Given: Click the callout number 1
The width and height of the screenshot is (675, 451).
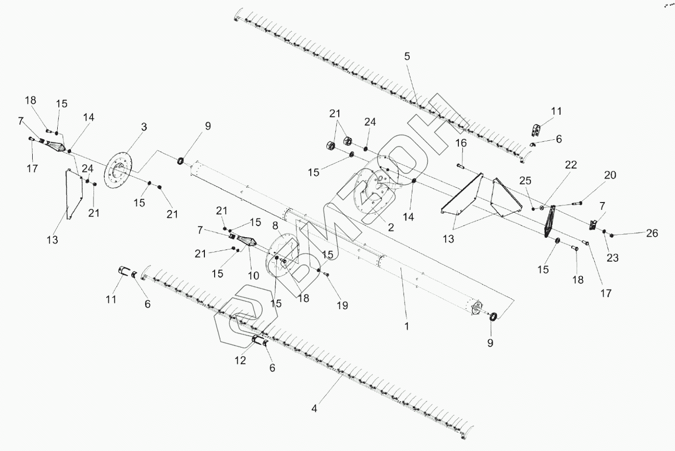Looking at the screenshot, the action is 407,325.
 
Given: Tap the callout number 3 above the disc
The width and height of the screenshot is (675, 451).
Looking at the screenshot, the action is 144,127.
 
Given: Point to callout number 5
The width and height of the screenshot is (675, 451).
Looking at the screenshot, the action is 407,57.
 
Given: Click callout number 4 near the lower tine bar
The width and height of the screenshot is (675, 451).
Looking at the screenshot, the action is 314,408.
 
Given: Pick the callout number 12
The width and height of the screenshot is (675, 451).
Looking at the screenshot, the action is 240,360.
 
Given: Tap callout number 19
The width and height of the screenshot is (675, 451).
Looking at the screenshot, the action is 342,305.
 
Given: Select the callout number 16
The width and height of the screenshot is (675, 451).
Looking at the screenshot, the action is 461,144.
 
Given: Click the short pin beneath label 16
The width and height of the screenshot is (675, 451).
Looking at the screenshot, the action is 461,165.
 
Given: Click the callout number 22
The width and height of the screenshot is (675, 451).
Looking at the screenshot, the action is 571,165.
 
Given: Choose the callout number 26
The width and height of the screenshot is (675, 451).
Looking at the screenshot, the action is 652,233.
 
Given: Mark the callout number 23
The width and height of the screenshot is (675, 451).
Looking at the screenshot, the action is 612,258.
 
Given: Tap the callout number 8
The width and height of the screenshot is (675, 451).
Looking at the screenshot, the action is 275,225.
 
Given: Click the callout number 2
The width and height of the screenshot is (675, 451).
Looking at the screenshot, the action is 390,228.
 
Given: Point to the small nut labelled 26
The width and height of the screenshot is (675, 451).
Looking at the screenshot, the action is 612,235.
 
